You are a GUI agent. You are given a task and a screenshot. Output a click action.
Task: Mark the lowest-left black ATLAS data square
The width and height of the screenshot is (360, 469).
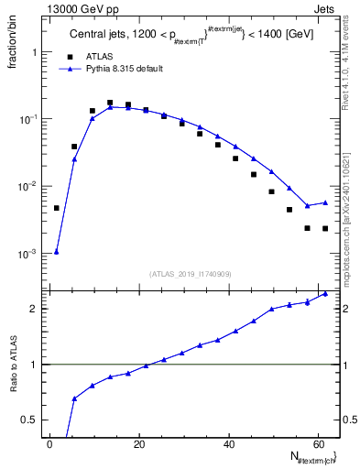(x=57, y=208)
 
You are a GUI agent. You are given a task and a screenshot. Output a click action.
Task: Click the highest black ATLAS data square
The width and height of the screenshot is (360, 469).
(x=110, y=104)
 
